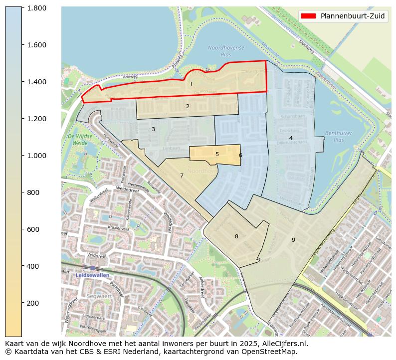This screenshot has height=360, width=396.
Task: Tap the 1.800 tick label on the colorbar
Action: (37, 8)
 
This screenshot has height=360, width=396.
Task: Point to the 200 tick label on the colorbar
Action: (33, 303)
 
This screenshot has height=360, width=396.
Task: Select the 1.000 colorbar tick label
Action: (37, 156)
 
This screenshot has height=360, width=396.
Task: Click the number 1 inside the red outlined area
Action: (191, 85)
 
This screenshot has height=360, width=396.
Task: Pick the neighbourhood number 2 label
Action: (188, 106)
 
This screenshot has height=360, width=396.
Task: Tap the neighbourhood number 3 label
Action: (153, 130)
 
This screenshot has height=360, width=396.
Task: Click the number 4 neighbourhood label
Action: (291, 138)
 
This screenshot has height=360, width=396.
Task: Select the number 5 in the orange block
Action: (217, 155)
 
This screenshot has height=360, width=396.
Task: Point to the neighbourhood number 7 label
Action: (182, 176)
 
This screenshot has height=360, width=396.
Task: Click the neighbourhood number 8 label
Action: (236, 236)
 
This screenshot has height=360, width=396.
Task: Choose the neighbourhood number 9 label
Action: (293, 240)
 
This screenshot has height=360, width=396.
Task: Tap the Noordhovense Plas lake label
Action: (226, 50)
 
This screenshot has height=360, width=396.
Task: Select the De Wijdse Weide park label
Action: (77, 139)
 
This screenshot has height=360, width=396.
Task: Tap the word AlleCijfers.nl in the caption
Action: (285, 344)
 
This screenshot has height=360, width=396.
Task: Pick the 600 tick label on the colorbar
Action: (33, 229)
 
